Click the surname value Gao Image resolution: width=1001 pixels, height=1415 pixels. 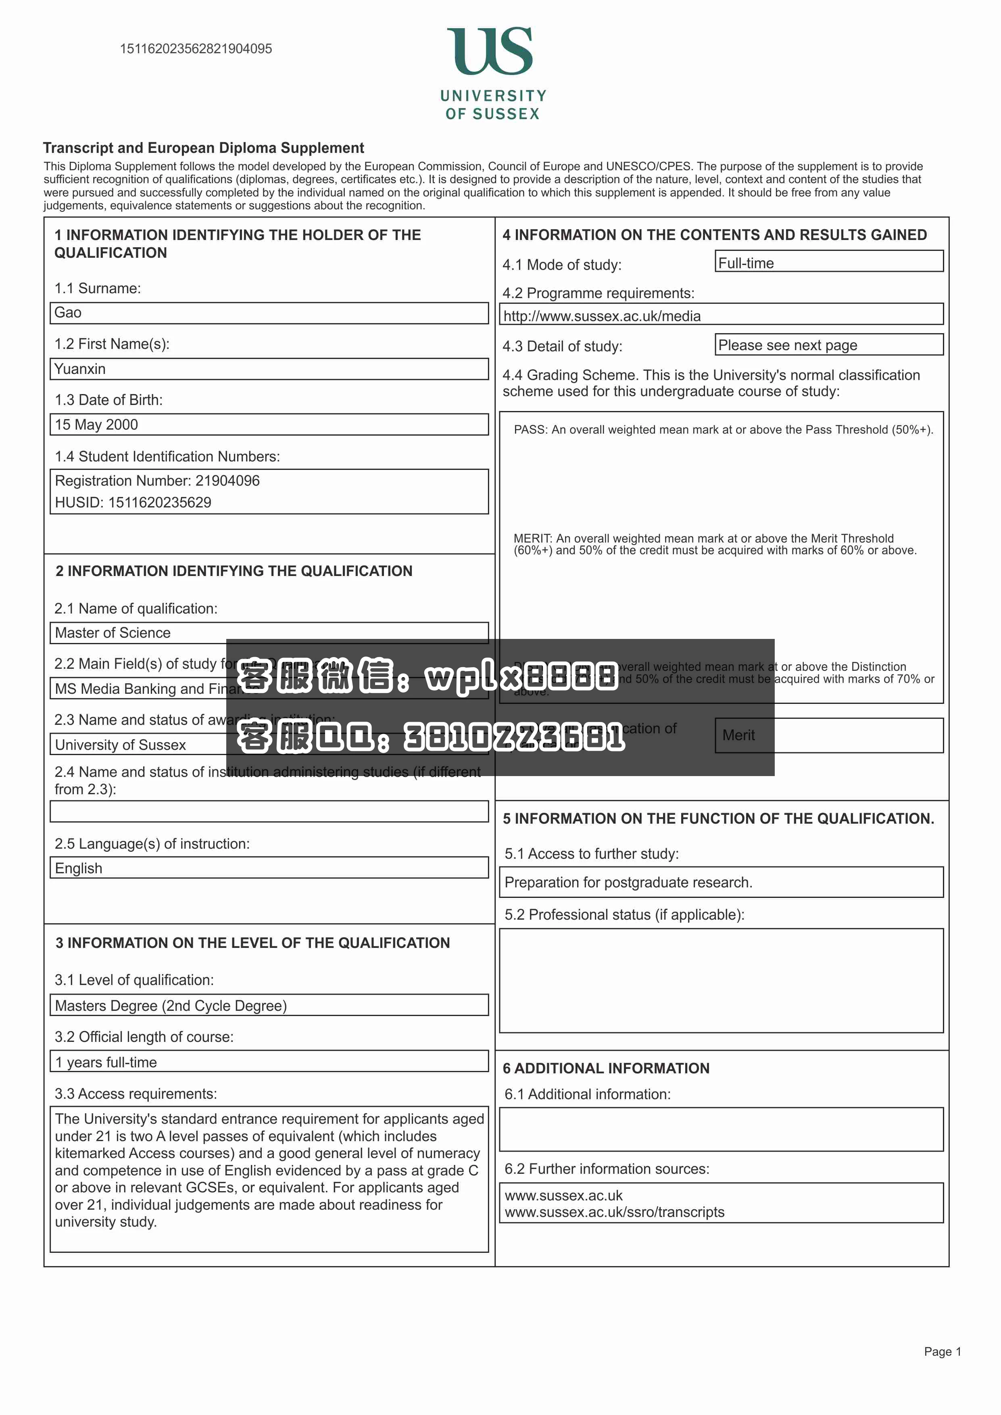(68, 313)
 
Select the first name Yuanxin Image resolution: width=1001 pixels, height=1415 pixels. (80, 369)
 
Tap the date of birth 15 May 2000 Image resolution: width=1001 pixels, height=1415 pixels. (97, 425)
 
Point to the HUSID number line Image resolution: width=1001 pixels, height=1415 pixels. (133, 502)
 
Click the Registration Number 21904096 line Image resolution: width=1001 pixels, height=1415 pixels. (157, 481)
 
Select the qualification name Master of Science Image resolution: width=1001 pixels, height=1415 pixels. (113, 633)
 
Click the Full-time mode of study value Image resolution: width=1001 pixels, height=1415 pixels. (746, 263)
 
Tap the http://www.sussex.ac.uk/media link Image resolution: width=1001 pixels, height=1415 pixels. (602, 316)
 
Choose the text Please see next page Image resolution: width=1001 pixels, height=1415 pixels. (787, 345)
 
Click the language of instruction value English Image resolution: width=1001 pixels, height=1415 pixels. (79, 868)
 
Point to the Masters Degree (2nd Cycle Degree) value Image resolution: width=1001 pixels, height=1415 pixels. (171, 1006)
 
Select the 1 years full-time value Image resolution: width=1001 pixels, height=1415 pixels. (106, 1062)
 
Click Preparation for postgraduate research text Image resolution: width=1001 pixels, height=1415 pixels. (628, 883)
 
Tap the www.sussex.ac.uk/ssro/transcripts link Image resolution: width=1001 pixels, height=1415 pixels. (615, 1212)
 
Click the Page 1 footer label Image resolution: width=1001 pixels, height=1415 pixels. (942, 1352)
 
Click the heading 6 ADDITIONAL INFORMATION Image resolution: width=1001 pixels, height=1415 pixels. (606, 1068)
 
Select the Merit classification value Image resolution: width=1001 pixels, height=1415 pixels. (738, 735)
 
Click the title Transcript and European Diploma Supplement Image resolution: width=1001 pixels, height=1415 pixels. (203, 148)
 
